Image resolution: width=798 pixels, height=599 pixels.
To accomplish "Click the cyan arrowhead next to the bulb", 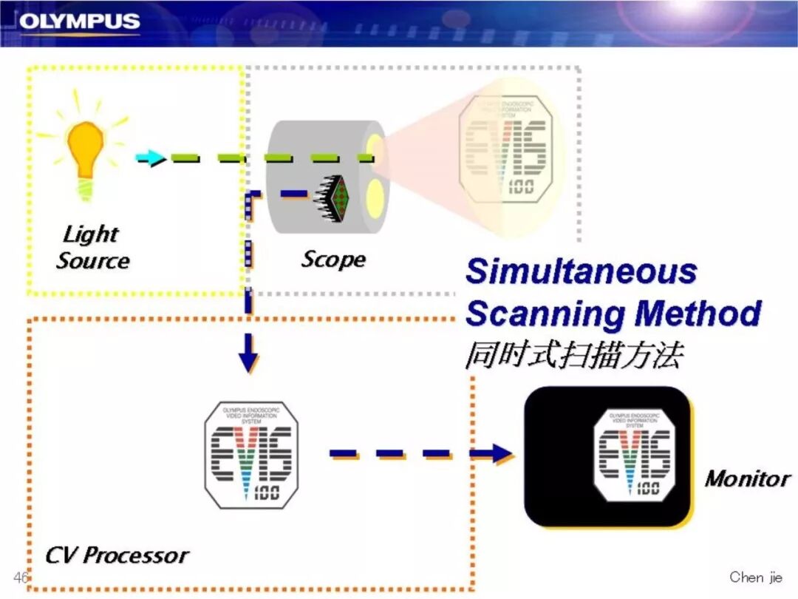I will [151, 158].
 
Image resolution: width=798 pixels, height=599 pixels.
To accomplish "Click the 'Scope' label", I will [333, 259].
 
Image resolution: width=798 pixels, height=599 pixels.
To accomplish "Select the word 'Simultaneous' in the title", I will [581, 271].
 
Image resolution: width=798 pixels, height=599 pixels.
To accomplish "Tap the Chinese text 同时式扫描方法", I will [573, 356].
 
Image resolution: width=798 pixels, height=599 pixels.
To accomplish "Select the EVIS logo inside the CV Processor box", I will [251, 455].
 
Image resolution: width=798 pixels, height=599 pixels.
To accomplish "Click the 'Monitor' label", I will [747, 478].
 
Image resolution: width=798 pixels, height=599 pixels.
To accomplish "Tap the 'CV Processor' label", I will [117, 555].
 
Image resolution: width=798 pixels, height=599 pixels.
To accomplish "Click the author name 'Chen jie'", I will [755, 577].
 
